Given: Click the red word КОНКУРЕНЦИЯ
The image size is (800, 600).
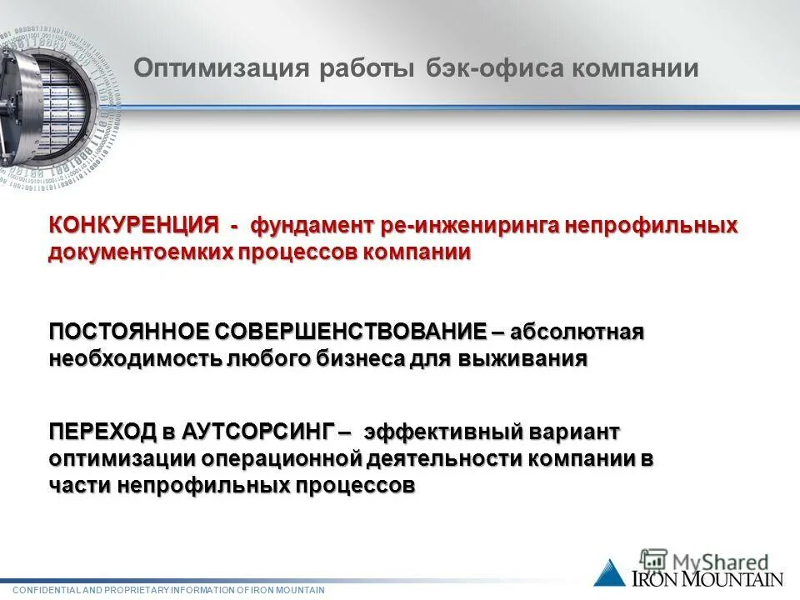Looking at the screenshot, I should [133, 226].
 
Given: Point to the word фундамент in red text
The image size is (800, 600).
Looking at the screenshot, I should [313, 226].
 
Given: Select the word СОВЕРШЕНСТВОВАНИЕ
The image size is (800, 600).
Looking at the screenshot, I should [352, 332].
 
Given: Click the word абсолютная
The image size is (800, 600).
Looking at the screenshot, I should [577, 332].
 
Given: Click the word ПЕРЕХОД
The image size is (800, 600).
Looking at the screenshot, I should [102, 432].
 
